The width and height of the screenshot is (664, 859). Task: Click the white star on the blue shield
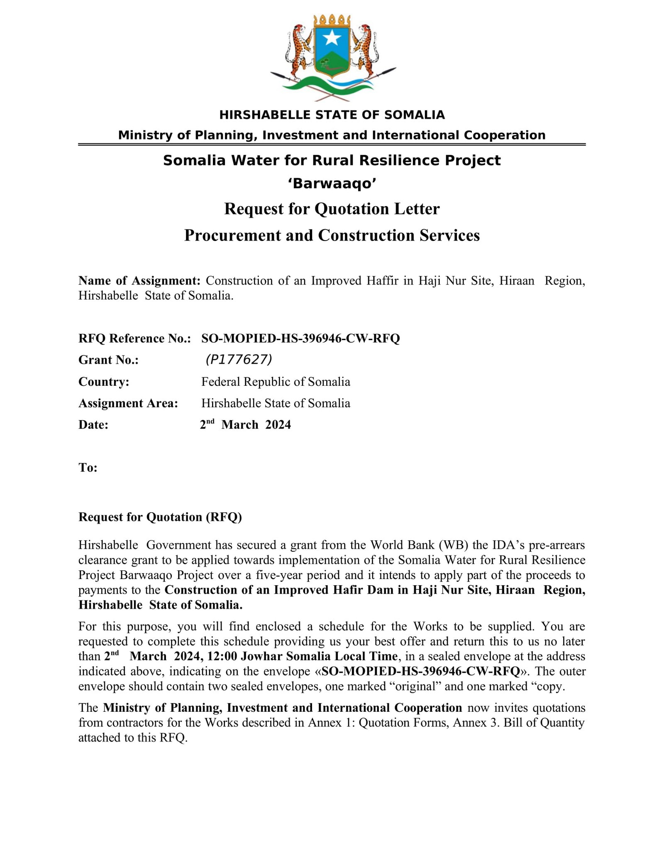point(332,39)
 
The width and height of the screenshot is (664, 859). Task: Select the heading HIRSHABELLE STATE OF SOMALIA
point(332,115)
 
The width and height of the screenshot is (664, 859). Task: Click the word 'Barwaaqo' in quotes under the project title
point(332,183)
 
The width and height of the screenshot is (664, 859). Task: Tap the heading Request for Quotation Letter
point(332,209)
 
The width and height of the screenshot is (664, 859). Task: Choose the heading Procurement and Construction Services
point(332,235)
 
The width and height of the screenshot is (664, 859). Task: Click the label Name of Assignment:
point(139,281)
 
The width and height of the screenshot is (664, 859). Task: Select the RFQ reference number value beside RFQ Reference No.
point(300,338)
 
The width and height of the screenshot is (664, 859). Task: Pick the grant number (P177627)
point(239,360)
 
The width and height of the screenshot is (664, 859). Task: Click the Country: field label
point(104,382)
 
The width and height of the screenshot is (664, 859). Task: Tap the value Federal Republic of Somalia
point(276,382)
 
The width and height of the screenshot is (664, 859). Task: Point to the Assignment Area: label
point(128,403)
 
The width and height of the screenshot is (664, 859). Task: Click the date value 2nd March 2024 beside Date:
point(246,424)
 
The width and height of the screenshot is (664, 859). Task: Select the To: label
point(88,468)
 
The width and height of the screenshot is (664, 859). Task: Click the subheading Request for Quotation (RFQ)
point(160,517)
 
